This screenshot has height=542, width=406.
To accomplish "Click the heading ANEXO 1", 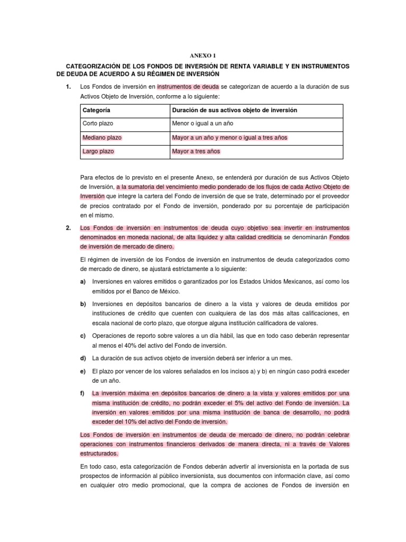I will (x=203, y=55).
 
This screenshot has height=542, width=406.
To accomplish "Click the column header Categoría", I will (x=97, y=110).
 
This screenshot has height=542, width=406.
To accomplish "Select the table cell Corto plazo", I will (x=98, y=124).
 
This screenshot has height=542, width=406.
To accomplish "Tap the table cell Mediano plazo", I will (x=102, y=138).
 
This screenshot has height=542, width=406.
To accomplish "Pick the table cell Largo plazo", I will (x=98, y=151).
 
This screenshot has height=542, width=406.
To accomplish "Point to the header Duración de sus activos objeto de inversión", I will (x=235, y=110).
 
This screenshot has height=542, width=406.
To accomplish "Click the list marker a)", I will (x=83, y=282).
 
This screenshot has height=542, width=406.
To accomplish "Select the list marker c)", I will (x=83, y=336).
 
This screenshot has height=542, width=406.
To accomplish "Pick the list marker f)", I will (x=83, y=394).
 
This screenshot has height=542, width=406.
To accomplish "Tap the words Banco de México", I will (x=162, y=291).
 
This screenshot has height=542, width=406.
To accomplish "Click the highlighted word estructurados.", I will (x=99, y=454).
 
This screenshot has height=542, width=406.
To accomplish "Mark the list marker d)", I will (x=83, y=358).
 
